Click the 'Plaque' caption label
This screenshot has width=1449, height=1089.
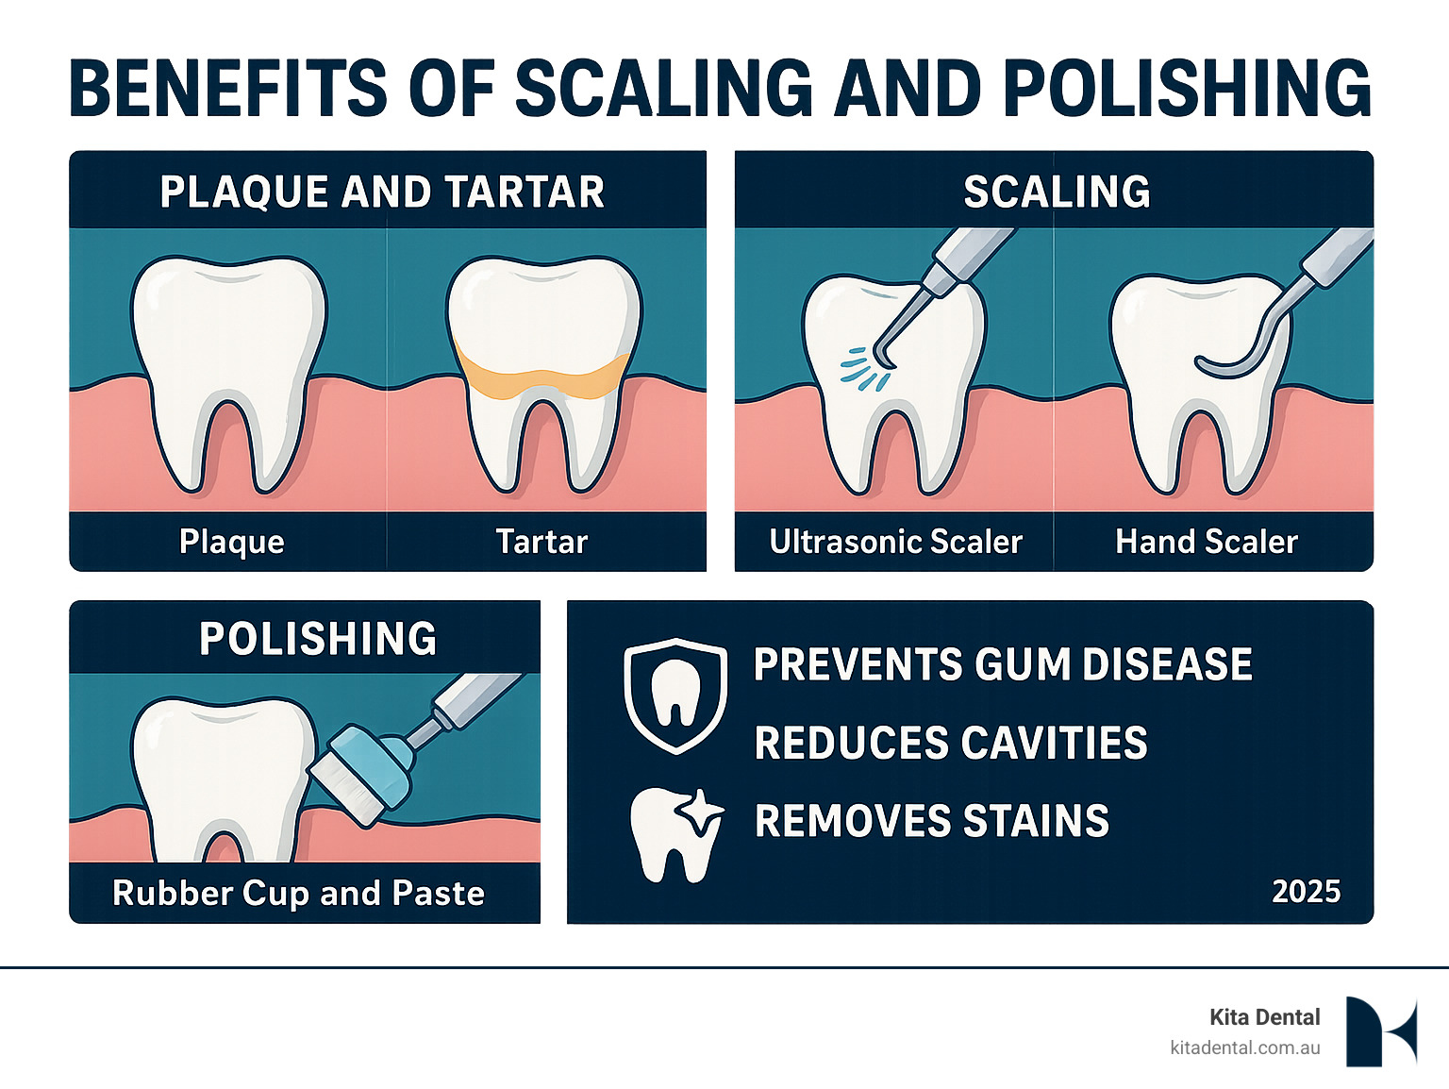coord(232,542)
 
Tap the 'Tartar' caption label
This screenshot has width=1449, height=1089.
coord(541,542)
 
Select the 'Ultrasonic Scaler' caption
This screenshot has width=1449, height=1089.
coord(895,542)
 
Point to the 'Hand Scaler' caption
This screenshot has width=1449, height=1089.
coord(1207,542)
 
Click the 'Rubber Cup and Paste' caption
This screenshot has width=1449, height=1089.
coord(298,893)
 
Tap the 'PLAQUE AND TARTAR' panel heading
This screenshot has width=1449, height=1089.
coord(382,192)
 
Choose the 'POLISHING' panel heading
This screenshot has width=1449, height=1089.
coord(318,639)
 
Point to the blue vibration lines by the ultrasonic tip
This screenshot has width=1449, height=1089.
coord(860,368)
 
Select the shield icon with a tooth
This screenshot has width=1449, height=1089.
coord(675,695)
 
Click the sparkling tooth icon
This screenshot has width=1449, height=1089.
coord(675,833)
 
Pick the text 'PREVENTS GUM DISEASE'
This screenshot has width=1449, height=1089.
coord(1003,664)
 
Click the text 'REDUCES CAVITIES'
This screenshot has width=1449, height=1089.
coord(951,743)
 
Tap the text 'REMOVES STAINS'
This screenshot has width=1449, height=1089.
coord(932,821)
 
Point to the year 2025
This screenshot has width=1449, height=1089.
coord(1306,892)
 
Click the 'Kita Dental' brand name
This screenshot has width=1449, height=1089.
coord(1264,1017)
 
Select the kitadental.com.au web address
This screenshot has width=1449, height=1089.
coord(1244,1047)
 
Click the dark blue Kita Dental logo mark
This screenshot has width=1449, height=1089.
coord(1380,1031)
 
